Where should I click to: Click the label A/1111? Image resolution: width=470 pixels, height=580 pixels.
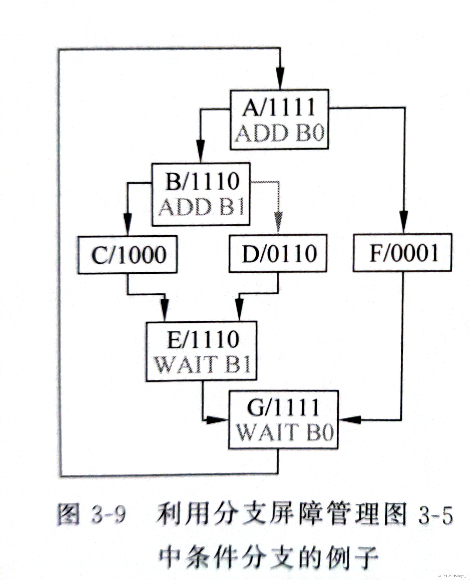click(x=279, y=108)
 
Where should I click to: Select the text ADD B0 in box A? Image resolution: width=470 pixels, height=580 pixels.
click(x=279, y=133)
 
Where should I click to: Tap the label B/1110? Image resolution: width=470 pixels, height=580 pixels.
click(x=202, y=181)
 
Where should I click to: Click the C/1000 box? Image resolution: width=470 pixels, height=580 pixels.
click(x=128, y=255)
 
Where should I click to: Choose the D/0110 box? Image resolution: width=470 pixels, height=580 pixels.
click(x=278, y=253)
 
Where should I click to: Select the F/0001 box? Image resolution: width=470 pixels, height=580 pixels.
click(x=403, y=253)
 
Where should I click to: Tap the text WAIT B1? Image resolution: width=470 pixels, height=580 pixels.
click(x=202, y=365)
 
